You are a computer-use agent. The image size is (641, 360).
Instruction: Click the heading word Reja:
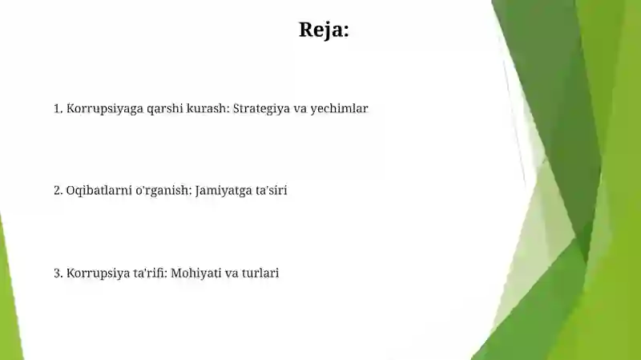click(x=324, y=30)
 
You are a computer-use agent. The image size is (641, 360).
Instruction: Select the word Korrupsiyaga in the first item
click(x=99, y=108)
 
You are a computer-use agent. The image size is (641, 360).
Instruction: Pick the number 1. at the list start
click(x=58, y=108)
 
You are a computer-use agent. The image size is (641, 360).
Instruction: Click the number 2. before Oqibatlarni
click(x=58, y=191)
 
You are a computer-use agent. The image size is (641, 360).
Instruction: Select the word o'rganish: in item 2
click(x=160, y=191)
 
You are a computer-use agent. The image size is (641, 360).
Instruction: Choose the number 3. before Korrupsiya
click(x=58, y=273)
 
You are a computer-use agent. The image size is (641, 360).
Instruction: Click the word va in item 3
click(x=231, y=273)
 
